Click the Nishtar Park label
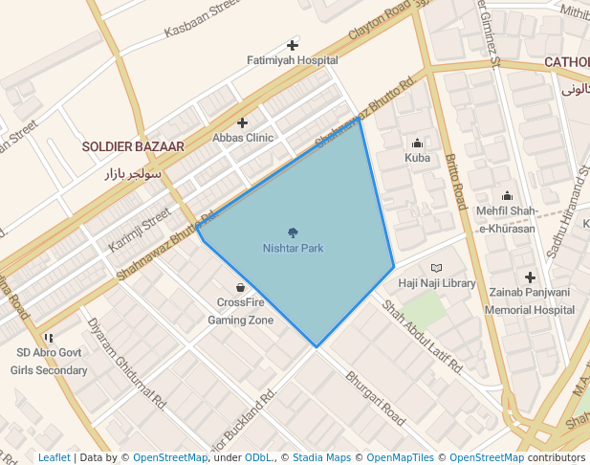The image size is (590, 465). click(x=293, y=249)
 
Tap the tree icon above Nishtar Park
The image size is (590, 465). click(x=293, y=232)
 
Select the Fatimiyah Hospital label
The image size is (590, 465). click(x=293, y=59)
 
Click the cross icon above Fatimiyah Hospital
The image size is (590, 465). click(x=293, y=45)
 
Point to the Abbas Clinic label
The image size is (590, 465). click(x=243, y=138)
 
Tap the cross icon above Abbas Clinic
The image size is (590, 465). click(x=243, y=122)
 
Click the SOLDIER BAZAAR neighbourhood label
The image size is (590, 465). click(x=133, y=146)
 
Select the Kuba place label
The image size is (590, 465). click(x=418, y=158)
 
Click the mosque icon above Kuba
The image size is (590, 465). click(x=418, y=144)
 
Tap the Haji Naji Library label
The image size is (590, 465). click(x=437, y=283)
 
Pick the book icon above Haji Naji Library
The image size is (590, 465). click(x=437, y=269)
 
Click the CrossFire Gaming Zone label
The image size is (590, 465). click(x=240, y=312)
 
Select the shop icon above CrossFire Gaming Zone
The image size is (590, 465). click(x=240, y=287)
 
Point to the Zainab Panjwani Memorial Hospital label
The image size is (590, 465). click(x=529, y=300)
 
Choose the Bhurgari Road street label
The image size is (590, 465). click(x=376, y=398)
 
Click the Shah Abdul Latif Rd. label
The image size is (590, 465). click(x=422, y=336)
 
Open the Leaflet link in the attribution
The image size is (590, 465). click(x=54, y=457)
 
